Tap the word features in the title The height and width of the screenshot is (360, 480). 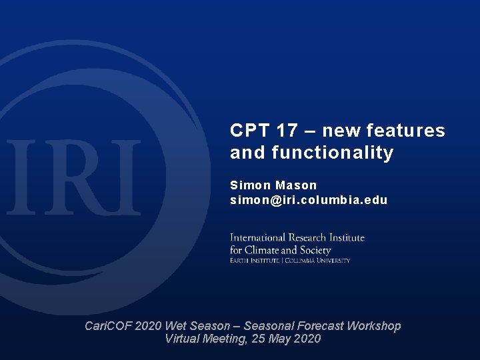[x=410, y=131]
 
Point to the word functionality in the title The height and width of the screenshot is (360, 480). [x=333, y=153]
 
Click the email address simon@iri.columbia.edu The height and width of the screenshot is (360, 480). [x=309, y=200]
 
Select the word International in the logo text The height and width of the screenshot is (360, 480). [x=256, y=238]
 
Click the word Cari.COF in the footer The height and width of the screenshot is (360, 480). [x=109, y=326]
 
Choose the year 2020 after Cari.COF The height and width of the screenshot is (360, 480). [x=149, y=326]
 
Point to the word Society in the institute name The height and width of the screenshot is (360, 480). [x=316, y=250]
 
